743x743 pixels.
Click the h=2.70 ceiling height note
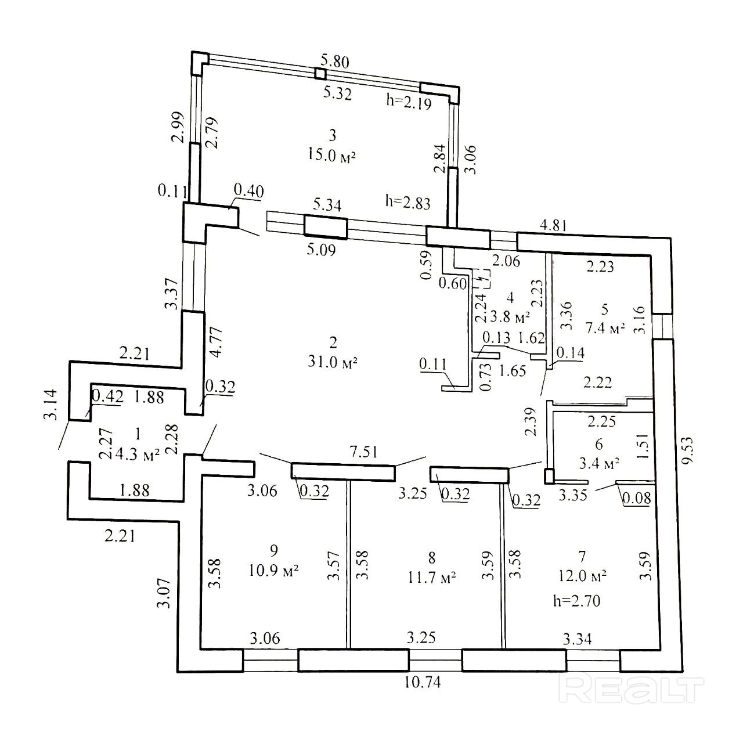[x=576, y=601]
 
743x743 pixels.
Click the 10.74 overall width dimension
[x=423, y=682]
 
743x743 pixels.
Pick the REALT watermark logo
[x=631, y=690]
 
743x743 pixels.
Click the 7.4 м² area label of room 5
[x=605, y=328]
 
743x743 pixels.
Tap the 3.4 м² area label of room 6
[x=600, y=463]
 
